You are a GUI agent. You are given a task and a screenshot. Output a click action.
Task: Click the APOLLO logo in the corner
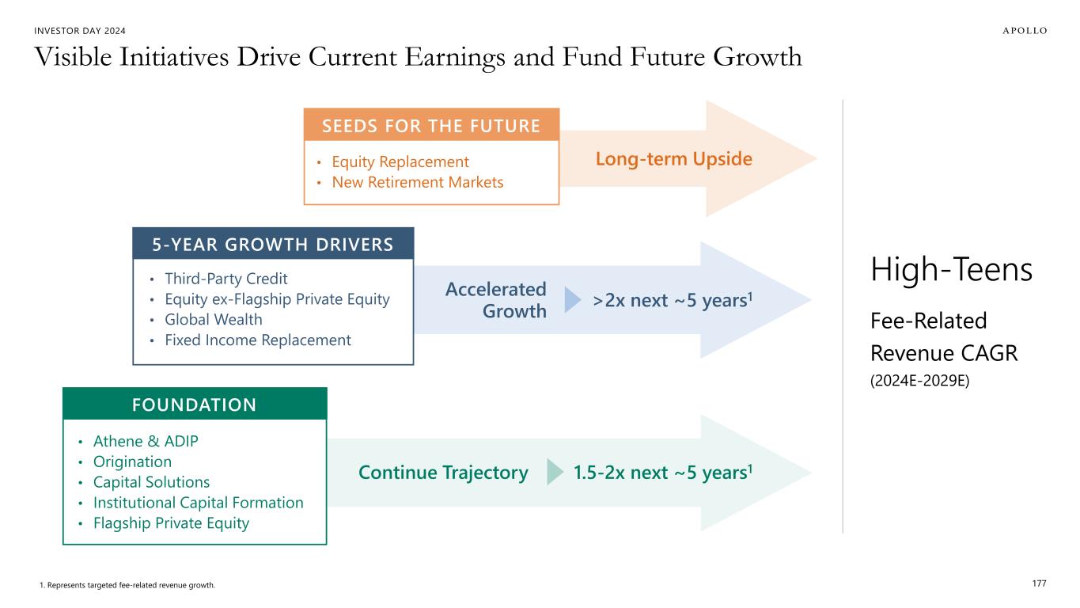point(1025,31)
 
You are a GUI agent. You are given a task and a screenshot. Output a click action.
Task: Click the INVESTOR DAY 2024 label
point(80,31)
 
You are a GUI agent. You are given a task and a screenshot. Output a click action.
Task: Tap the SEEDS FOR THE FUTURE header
point(431,126)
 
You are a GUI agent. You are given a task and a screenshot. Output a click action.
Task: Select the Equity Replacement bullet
point(400,161)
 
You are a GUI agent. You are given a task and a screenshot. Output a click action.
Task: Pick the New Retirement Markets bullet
point(418,182)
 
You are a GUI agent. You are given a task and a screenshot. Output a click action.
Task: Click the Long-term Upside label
point(673,159)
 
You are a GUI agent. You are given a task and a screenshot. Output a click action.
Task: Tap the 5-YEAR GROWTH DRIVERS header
point(273,244)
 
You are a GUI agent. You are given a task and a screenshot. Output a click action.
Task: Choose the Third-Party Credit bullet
point(225,279)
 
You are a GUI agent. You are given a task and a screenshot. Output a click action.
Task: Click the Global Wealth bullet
point(214,320)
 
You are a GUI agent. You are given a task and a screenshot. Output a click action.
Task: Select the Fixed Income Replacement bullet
point(258,340)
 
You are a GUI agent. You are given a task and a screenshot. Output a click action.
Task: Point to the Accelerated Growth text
point(496,300)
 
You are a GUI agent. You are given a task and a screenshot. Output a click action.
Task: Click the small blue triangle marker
point(572,300)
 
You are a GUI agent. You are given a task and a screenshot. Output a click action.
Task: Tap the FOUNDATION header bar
point(195,405)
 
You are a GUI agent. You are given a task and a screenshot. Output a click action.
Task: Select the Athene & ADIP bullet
point(146,441)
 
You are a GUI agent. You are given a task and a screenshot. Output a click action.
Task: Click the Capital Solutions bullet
point(151,482)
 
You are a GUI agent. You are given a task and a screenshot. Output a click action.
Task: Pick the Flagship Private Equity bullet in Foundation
point(171,523)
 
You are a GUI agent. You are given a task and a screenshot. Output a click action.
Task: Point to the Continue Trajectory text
point(443,473)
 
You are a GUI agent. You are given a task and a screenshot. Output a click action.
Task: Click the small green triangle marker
point(555,472)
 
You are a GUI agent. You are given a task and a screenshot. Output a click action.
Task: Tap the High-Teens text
point(951,269)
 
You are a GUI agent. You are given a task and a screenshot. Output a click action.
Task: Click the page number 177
point(1039,583)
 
